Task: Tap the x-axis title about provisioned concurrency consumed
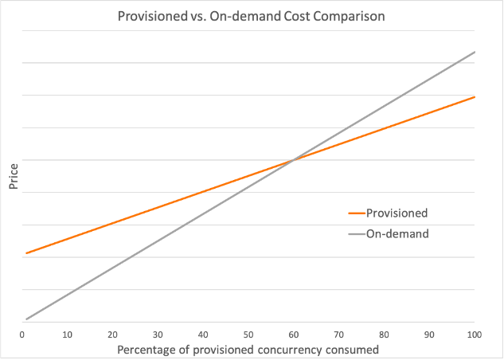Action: pos(248,350)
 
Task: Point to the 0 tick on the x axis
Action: pos(22,333)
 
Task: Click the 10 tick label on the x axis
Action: pos(68,333)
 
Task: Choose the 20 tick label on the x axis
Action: pos(112,333)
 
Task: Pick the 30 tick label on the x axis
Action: pos(158,333)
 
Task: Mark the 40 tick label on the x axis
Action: pos(203,333)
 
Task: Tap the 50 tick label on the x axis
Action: pos(248,333)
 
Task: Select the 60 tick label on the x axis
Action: pos(294,333)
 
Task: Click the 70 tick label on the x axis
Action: pos(339,333)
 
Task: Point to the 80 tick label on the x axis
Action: pos(385,333)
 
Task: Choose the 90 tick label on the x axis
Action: pos(430,333)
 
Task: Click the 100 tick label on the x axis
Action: pos(475,333)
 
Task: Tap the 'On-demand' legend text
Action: pos(397,234)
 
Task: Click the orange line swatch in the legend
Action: pos(356,213)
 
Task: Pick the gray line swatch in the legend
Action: pos(356,234)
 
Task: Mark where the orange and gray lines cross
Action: pos(293,161)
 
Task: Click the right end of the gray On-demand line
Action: pos(475,52)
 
